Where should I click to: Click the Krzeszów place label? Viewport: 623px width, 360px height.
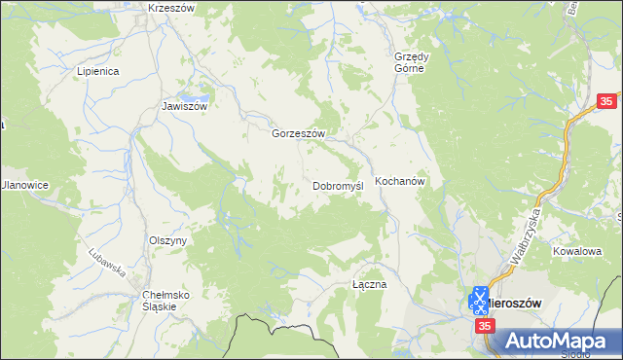click(171, 7)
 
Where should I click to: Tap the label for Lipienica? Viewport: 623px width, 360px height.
click(97, 71)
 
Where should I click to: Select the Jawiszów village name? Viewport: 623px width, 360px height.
click(185, 107)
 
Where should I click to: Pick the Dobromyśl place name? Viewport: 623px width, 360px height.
click(337, 185)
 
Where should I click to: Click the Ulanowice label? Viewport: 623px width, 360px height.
click(24, 185)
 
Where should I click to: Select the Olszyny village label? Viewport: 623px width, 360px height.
click(167, 240)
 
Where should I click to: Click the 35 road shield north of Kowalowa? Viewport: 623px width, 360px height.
click(606, 101)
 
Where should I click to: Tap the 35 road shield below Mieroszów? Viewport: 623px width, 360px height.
click(485, 329)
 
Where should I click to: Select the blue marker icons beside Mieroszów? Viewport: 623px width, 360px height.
click(479, 300)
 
